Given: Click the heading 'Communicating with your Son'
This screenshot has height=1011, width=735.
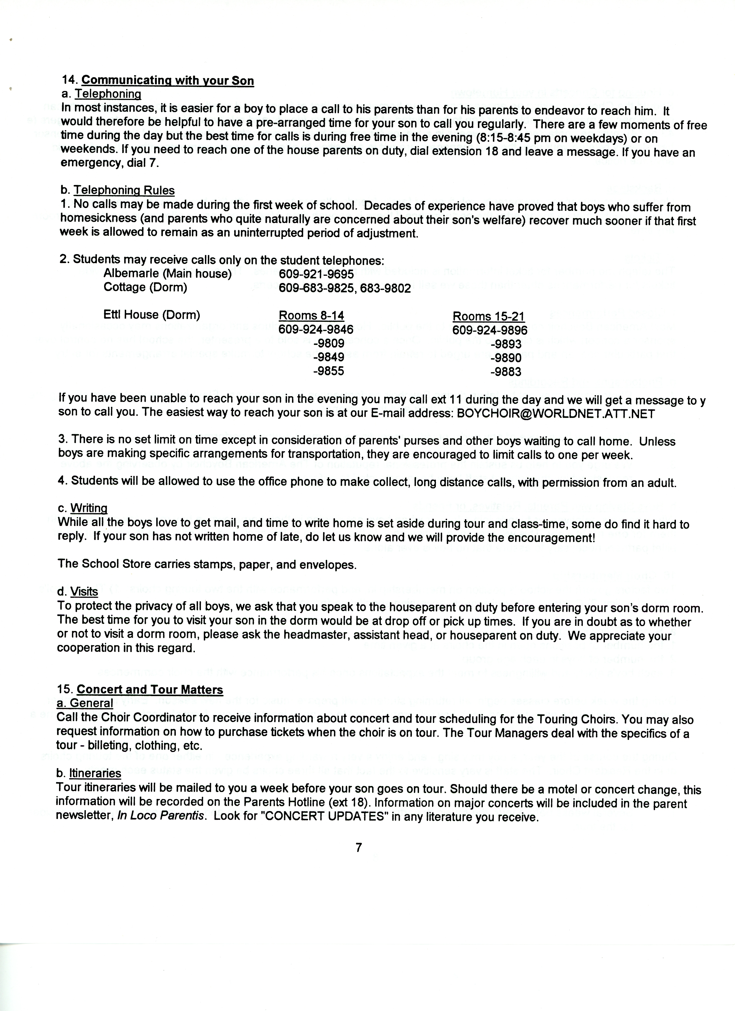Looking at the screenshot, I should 168,81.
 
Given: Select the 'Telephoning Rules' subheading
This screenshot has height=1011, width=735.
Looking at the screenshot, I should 124,190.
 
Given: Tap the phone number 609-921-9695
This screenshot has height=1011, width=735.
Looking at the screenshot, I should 316,274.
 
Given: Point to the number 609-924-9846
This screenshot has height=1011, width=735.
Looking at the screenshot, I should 316,330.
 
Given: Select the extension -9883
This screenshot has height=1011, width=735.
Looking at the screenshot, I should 506,371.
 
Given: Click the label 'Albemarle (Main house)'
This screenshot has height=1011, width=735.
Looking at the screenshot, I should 168,274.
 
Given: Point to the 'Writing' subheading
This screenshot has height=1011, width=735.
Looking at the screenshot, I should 89,508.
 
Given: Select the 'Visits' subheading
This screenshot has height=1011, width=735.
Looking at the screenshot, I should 84,592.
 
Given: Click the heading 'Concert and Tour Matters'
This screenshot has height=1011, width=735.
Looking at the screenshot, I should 150,689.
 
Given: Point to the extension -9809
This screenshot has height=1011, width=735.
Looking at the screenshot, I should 329,344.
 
